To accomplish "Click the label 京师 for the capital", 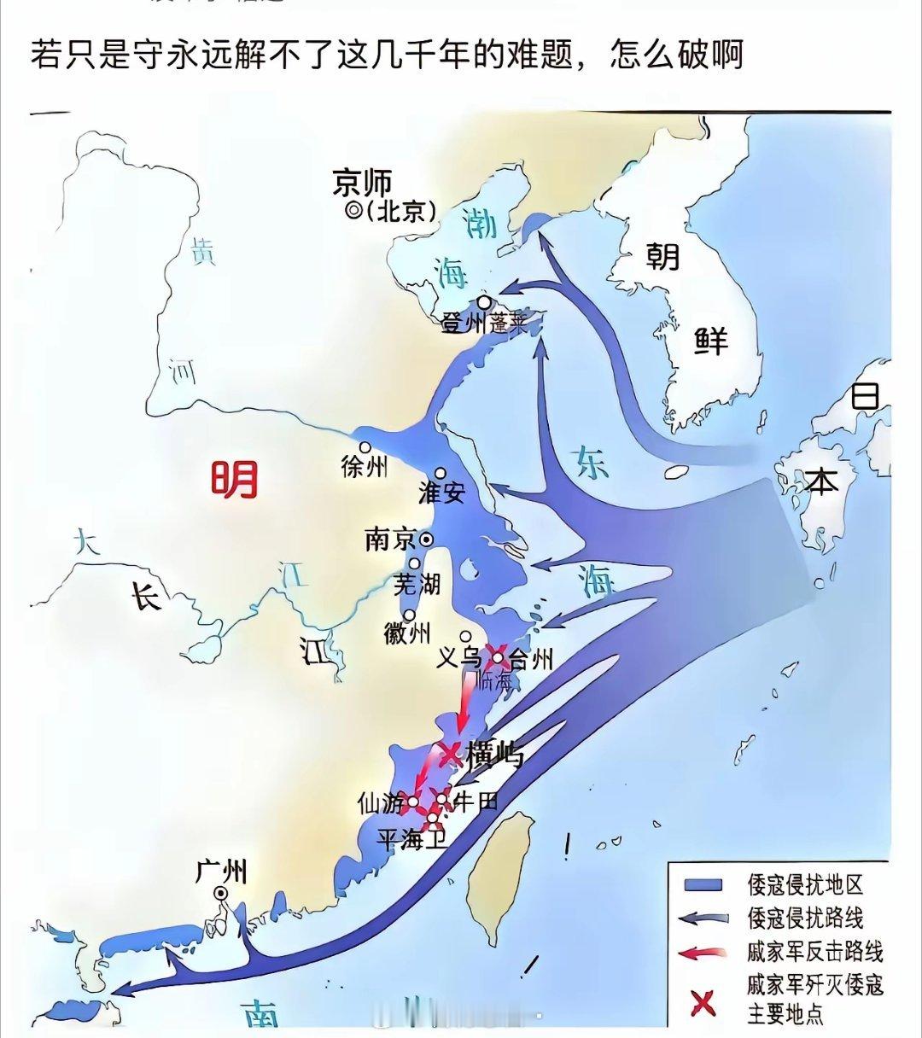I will pos(363,183).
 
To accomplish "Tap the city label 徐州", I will pos(364,467).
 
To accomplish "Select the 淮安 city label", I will pos(441,493).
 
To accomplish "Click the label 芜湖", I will pos(417,584).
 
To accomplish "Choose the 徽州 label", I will pos(406,634).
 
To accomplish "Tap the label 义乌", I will pos(459,658).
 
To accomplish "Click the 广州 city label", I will pos(221,872).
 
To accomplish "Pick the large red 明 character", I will pos(235,480).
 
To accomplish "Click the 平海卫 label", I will pos(412,840).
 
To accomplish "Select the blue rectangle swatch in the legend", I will pos(701,884).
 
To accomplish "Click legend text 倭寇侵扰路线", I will pos(805,918).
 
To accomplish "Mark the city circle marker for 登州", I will pos(484,302).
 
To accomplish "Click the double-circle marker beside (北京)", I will pos(353,210).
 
